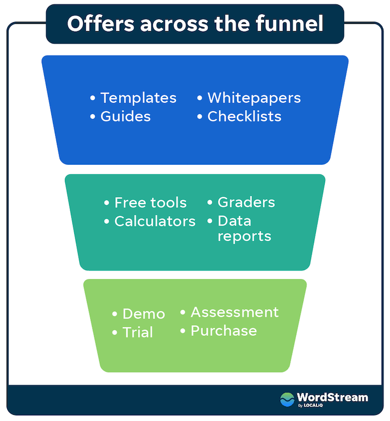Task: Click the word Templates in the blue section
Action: point(138,98)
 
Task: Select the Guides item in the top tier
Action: point(125,116)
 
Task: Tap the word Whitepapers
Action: point(254,98)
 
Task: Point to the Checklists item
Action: point(244,116)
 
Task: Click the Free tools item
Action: point(150,203)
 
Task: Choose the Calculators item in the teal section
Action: point(155,221)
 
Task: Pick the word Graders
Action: point(246,202)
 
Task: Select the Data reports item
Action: point(244,228)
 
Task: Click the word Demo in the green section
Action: point(144,314)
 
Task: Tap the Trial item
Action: point(138,332)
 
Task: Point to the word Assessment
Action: point(235,312)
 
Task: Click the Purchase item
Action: point(223,331)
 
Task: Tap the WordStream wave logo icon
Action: point(287,399)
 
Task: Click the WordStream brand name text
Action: point(332,396)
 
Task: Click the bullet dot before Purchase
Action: point(183,331)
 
